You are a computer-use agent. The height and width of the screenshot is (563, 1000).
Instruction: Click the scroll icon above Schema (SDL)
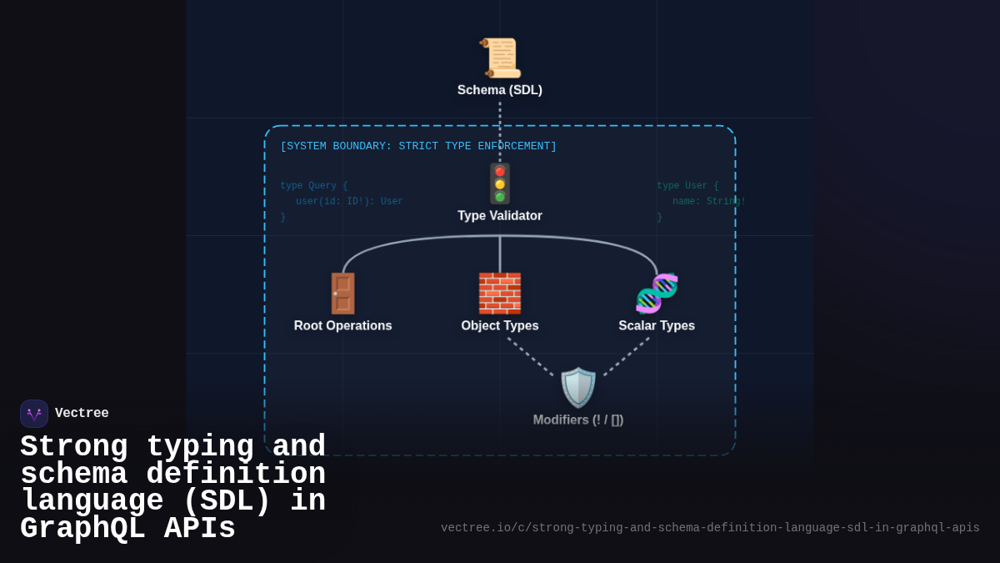click(500, 58)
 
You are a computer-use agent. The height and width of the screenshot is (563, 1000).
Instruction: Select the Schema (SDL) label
click(500, 90)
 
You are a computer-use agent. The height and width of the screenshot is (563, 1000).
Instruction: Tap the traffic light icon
click(500, 183)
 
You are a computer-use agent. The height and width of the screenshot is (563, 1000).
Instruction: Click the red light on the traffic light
click(500, 171)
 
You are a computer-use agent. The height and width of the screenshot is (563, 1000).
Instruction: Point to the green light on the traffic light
click(500, 197)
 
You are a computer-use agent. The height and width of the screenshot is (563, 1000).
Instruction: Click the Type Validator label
click(500, 216)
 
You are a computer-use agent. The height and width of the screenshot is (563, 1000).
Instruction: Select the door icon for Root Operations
click(342, 294)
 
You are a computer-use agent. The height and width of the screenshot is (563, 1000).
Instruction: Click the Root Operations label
click(342, 326)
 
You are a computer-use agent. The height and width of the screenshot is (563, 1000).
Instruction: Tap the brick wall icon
click(500, 294)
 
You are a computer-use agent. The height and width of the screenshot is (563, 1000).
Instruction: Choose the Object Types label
click(500, 326)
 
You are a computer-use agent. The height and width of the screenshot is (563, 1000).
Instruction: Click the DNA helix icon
click(657, 294)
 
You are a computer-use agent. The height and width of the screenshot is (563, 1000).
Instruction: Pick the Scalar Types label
click(657, 326)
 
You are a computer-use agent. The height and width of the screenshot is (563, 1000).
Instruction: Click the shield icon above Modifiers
click(578, 388)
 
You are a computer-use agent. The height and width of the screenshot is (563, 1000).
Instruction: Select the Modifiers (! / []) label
click(578, 420)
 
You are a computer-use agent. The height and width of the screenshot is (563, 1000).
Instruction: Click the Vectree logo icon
click(34, 414)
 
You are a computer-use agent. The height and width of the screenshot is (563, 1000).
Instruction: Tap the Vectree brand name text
click(82, 414)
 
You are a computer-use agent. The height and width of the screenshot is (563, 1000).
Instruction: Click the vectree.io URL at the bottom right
click(710, 528)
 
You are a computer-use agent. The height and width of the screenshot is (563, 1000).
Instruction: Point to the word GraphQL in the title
click(83, 530)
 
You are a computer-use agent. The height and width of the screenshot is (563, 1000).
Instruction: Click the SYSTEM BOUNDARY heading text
click(418, 147)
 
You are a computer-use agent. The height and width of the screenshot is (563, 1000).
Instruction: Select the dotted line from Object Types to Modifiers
click(530, 356)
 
